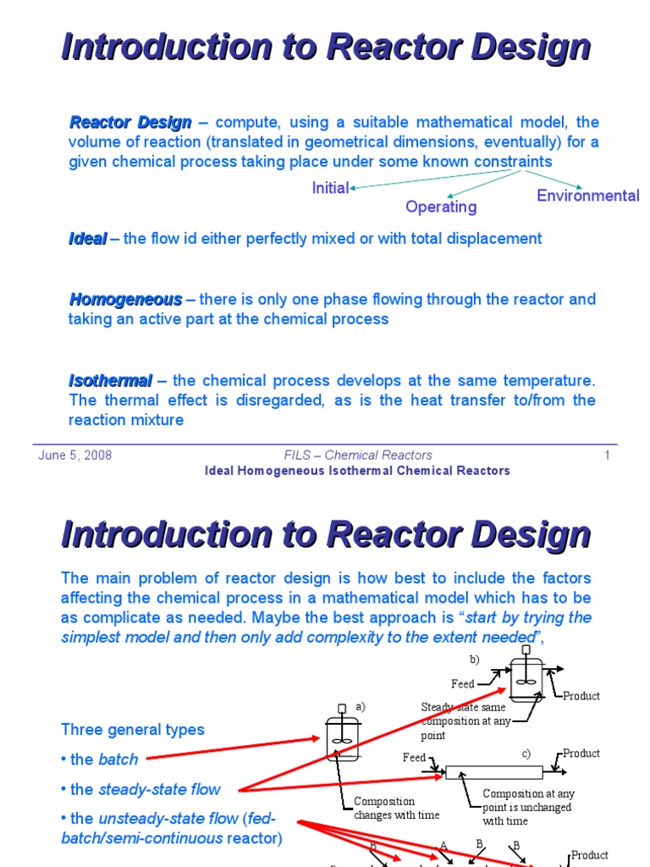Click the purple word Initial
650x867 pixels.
coord(330,188)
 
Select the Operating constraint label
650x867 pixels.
coord(441,207)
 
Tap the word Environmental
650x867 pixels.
coord(588,196)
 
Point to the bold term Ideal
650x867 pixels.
coord(88,239)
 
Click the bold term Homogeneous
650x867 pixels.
coord(125,299)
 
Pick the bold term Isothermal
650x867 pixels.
coord(111,380)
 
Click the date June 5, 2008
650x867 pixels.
coord(74,456)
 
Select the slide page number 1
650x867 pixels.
coord(607,456)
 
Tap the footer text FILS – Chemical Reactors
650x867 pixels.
coord(358,456)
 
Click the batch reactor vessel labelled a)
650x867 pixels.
coord(343,738)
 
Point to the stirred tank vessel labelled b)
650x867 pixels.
coord(526,680)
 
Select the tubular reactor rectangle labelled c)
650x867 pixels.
coord(493,772)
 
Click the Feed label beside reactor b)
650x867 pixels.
coord(463,683)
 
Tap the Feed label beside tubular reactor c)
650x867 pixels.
coord(414,758)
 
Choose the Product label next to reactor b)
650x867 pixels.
coord(581,696)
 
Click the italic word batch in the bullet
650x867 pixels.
coord(118,759)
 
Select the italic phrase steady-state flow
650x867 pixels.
coord(160,790)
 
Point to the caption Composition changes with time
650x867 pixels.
coord(385,808)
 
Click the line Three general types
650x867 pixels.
coord(133,730)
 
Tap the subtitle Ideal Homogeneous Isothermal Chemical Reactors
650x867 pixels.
coord(357,471)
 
